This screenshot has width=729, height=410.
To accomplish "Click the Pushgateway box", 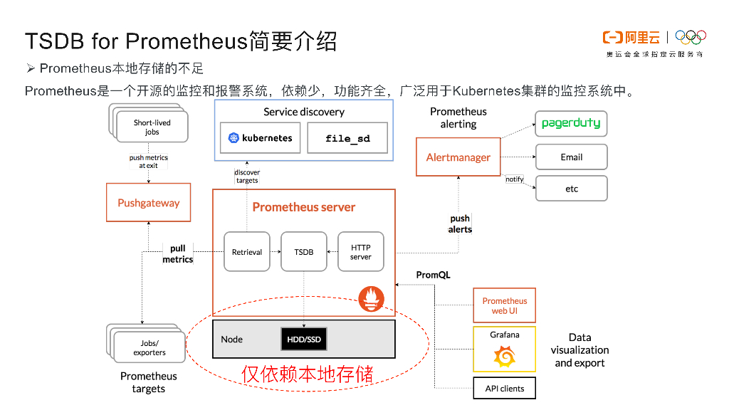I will (149, 203).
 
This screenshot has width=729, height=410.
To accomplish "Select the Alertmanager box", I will (458, 157).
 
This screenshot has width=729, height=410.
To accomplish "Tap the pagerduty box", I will (571, 123).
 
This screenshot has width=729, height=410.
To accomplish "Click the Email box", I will (571, 157).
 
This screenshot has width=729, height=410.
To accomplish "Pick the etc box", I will (571, 189).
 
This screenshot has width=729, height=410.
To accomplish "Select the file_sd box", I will (347, 138).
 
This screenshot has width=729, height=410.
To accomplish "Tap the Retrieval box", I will (247, 252).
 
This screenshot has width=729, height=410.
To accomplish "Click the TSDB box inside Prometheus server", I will (304, 252).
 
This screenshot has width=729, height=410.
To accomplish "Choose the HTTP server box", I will (360, 252).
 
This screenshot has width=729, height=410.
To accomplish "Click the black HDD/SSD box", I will (304, 339).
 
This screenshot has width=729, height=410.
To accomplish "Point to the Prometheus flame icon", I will (371, 298).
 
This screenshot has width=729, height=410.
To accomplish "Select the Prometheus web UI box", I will (505, 306).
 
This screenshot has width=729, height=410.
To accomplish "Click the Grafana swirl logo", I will (504, 355).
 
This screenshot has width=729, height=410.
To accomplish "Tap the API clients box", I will (505, 389).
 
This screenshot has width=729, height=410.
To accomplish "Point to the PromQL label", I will (433, 275).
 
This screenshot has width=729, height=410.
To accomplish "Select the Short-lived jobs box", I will (152, 127).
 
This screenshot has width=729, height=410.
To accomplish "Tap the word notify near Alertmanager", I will (514, 179).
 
